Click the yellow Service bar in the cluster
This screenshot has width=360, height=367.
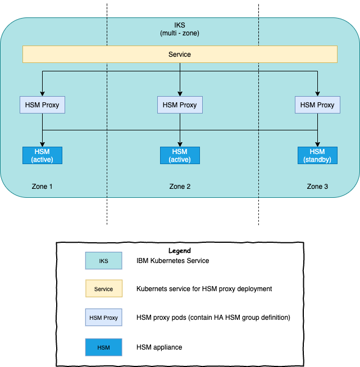click(x=180, y=55)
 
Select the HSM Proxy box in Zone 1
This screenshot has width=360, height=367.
click(x=42, y=105)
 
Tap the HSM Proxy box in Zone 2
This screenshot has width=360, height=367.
click(x=180, y=105)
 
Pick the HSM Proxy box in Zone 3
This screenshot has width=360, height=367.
click(x=317, y=105)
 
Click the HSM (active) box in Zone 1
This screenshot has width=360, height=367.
click(x=42, y=155)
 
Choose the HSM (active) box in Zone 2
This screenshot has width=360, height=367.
click(x=180, y=155)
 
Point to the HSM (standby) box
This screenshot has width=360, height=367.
click(x=317, y=155)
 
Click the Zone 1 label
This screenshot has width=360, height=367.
click(x=42, y=186)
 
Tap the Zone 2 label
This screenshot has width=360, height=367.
click(x=180, y=186)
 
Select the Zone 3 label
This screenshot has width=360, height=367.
click(x=317, y=186)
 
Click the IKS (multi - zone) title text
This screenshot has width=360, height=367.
click(x=180, y=30)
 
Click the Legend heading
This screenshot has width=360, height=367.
click(x=180, y=251)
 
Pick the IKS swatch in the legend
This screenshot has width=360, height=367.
click(x=103, y=261)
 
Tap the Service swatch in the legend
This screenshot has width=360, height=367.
click(x=103, y=289)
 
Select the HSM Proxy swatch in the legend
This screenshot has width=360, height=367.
click(x=103, y=318)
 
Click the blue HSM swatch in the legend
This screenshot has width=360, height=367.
click(x=103, y=347)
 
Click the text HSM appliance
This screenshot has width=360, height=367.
click(x=160, y=347)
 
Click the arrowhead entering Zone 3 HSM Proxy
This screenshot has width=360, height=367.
click(x=317, y=94)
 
